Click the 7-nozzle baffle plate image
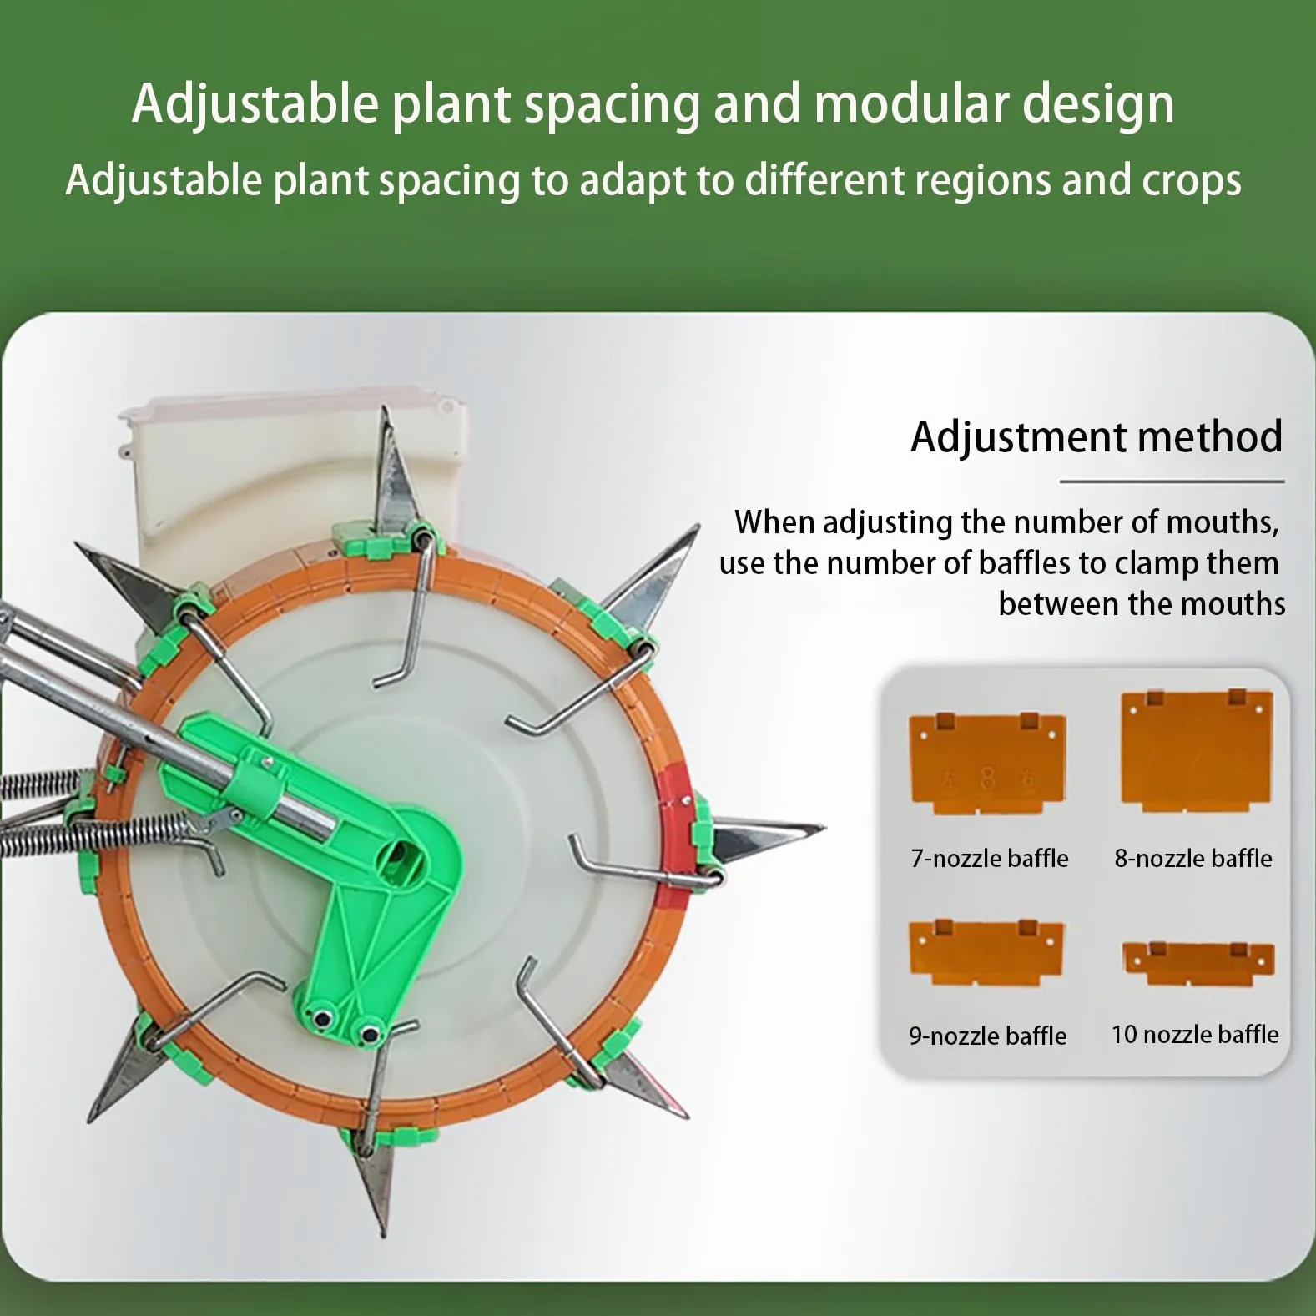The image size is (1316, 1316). [987, 764]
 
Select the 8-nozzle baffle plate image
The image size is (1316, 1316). [1197, 750]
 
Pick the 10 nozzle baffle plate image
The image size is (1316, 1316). [1198, 964]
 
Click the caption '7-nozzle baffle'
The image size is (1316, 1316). [990, 858]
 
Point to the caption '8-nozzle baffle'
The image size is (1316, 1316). [1193, 858]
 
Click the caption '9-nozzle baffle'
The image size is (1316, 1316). [988, 1036]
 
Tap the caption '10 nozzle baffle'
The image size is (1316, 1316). [1195, 1034]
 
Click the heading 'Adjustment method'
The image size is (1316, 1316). [1097, 436]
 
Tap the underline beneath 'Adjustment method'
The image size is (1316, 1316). [1172, 482]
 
